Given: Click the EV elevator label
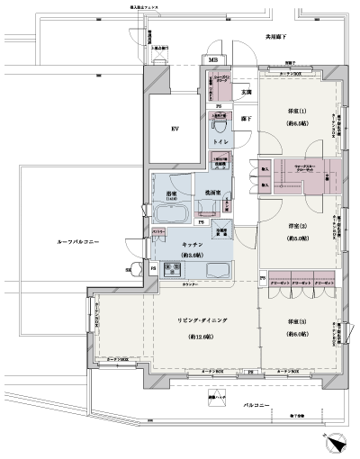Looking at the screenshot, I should click(x=175, y=130).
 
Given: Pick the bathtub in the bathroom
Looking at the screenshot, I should click(x=170, y=213).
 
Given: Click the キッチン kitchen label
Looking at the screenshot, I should click(x=196, y=244).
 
